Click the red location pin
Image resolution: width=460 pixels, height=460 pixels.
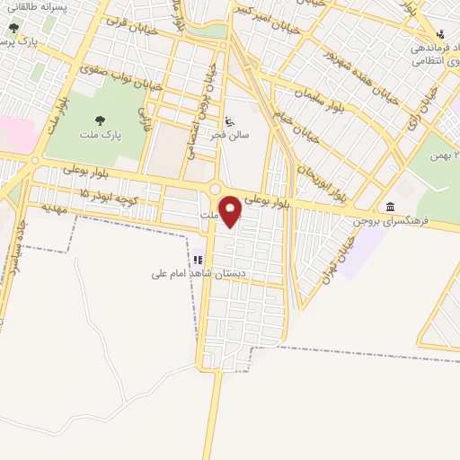pyautogui.click(x=231, y=210)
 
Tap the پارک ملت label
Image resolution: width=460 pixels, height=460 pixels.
pyautogui.click(x=99, y=137)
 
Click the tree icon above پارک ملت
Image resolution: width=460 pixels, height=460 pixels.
pyautogui.click(x=99, y=119)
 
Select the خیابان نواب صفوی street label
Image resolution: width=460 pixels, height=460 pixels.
pyautogui.click(x=120, y=78)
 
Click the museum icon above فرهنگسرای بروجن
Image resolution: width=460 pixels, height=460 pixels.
pyautogui.click(x=390, y=207)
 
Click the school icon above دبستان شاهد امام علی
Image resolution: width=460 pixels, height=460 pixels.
pyautogui.click(x=198, y=261)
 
